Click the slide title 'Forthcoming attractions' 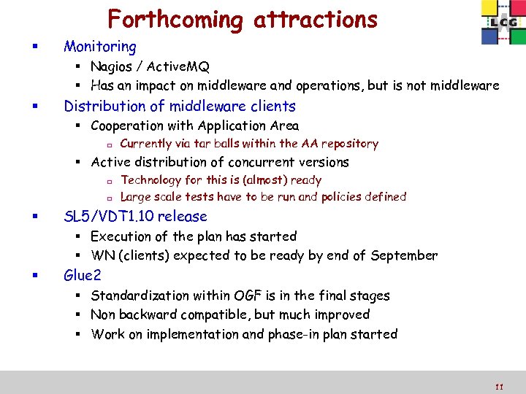pos(243,19)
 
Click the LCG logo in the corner pos(503,23)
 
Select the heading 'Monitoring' pos(100,47)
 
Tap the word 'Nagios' pos(112,67)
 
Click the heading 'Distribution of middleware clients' pos(180,106)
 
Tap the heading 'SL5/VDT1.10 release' pos(136,216)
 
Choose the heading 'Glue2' pos(83,275)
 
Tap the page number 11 pos(499,387)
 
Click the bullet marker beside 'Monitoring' pos(27,48)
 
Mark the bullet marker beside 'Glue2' pos(27,277)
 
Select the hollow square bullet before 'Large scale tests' pos(107,198)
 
